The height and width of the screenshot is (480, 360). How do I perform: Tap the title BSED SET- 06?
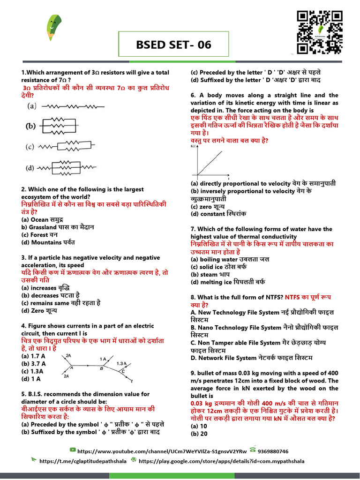pyautogui.click(x=173, y=45)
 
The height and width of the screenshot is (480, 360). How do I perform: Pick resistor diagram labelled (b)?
pyautogui.click(x=59, y=126)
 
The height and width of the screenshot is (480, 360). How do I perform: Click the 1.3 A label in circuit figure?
pyautogui.click(x=121, y=363)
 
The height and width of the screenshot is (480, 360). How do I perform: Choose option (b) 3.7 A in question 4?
pyautogui.click(x=34, y=363)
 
